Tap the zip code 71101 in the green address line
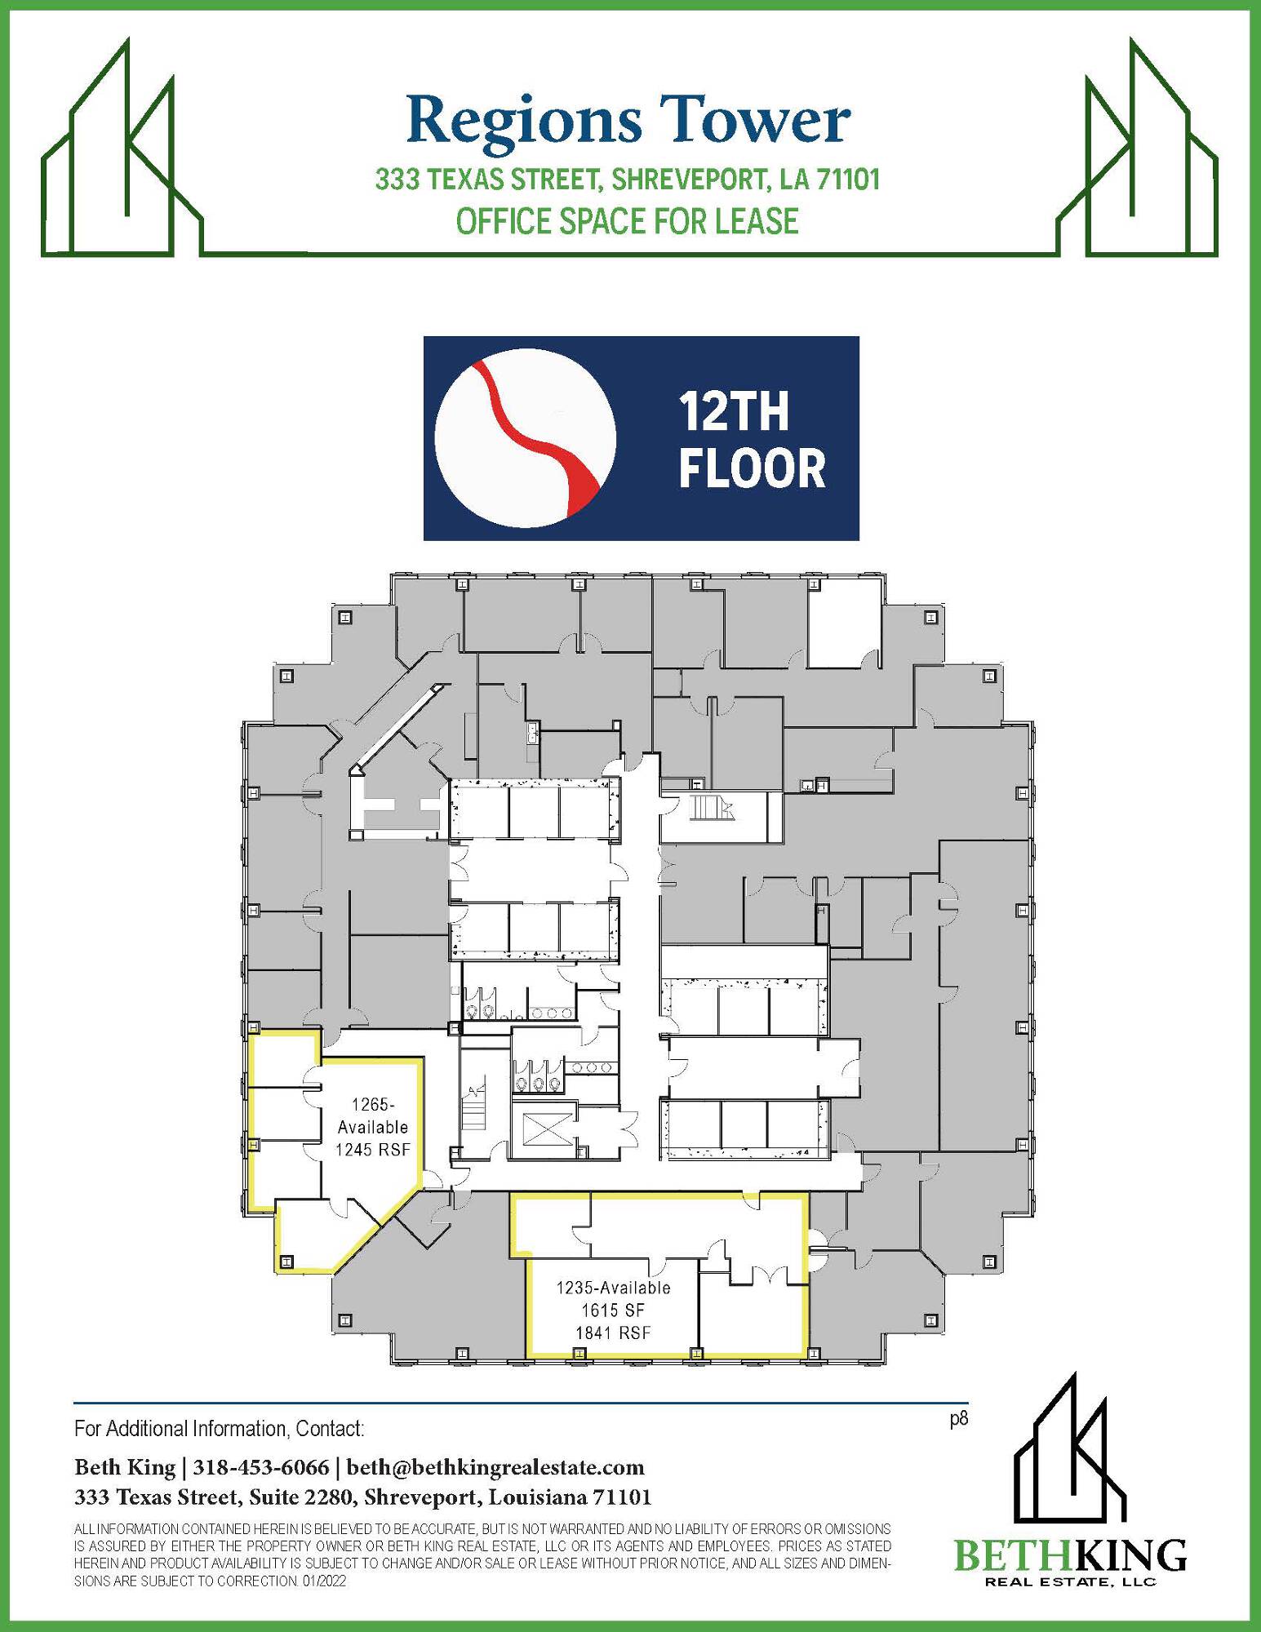pyautogui.click(x=849, y=180)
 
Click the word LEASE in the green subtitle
pyautogui.click(x=757, y=222)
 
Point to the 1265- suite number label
pyautogui.click(x=373, y=1105)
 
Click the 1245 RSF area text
pyautogui.click(x=373, y=1149)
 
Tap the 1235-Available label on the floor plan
pyautogui.click(x=613, y=1288)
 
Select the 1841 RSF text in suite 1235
pyautogui.click(x=613, y=1333)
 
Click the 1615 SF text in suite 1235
pyautogui.click(x=613, y=1310)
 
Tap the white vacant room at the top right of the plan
pyautogui.click(x=845, y=626)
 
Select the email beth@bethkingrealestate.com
pyautogui.click(x=495, y=1468)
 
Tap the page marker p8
pyautogui.click(x=959, y=1419)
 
